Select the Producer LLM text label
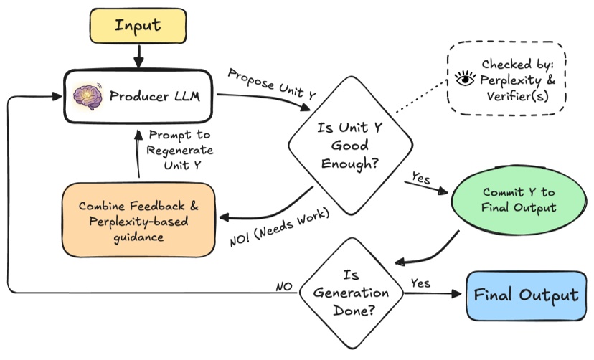[x=150, y=95]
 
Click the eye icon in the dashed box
[x=466, y=80]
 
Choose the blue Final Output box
[x=526, y=295]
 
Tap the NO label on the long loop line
[x=284, y=287]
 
